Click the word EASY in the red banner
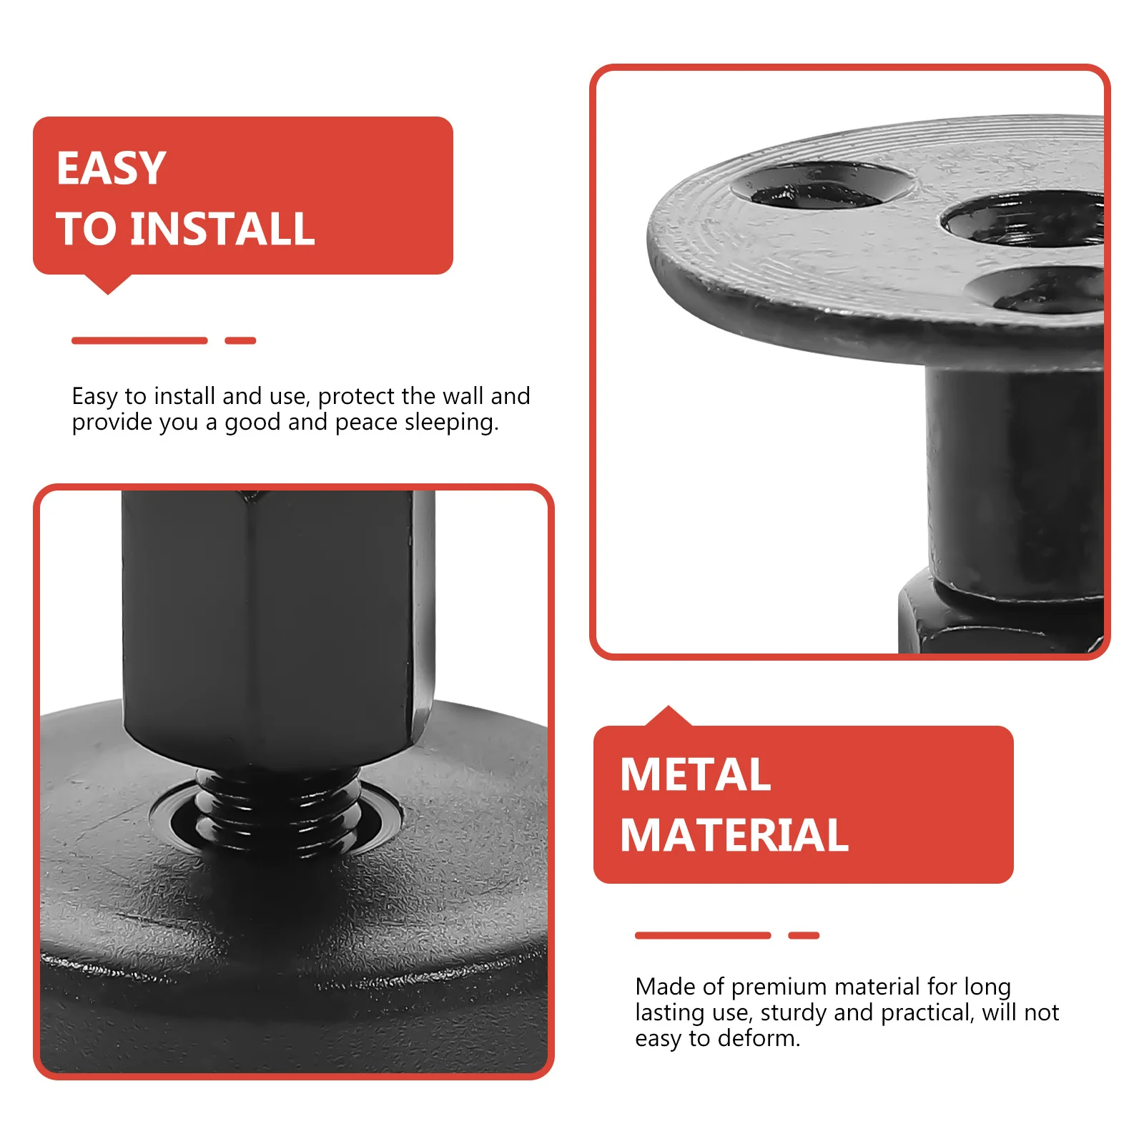tap(111, 169)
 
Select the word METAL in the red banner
tap(695, 775)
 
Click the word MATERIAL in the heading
tap(734, 835)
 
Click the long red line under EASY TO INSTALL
tap(139, 341)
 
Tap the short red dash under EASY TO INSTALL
tap(240, 341)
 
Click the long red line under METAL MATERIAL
tap(703, 935)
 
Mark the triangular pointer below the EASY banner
tap(108, 284)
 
